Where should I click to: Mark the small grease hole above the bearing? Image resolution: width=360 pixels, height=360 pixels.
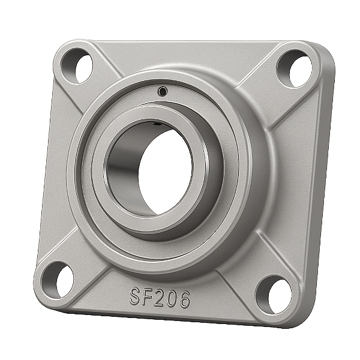(x=162, y=91)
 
